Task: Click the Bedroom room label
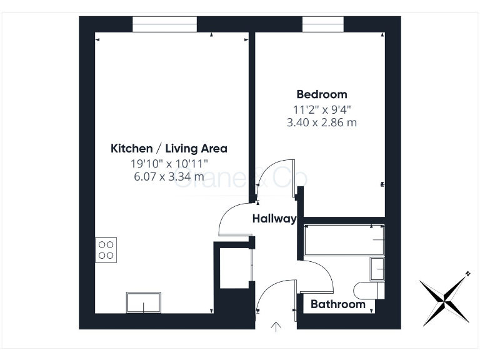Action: [321, 94]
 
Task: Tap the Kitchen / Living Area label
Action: [169, 149]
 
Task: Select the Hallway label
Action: [274, 219]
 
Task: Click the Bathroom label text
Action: [337, 304]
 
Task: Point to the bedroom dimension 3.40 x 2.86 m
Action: [321, 122]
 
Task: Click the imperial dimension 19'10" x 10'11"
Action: [169, 164]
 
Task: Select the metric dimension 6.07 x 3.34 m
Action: [169, 176]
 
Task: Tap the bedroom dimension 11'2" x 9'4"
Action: [321, 109]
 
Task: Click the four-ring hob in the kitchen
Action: [106, 250]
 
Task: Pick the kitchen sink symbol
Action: [144, 302]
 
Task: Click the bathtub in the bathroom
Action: [343, 241]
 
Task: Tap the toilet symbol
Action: [368, 290]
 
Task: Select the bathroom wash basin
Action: [377, 268]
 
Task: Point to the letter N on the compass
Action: [467, 274]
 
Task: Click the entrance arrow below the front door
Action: [276, 326]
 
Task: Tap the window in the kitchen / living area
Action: [164, 24]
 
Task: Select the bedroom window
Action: [323, 24]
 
